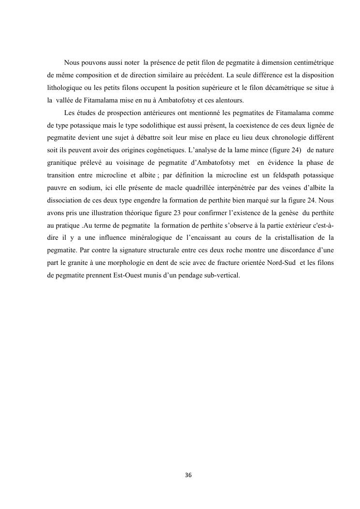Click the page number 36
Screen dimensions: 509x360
(188, 475)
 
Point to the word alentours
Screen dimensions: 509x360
(230, 101)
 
